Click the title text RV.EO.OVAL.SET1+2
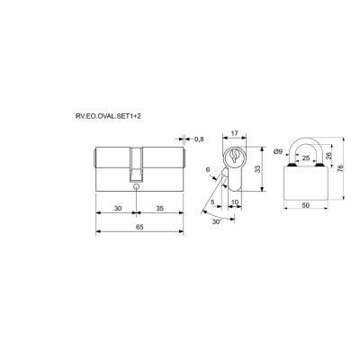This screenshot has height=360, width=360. tap(108, 116)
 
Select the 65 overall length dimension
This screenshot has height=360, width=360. tap(139, 227)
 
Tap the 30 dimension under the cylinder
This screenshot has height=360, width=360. tap(118, 208)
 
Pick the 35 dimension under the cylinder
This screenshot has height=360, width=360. tap(160, 208)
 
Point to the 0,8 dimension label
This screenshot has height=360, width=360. tap(199, 139)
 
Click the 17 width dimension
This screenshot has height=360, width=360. tap(235, 133)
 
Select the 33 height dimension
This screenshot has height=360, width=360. tap(257, 169)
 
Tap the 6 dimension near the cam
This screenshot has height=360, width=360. tap(208, 170)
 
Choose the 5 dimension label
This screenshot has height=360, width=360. tap(212, 202)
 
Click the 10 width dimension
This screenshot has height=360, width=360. tap(235, 202)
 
